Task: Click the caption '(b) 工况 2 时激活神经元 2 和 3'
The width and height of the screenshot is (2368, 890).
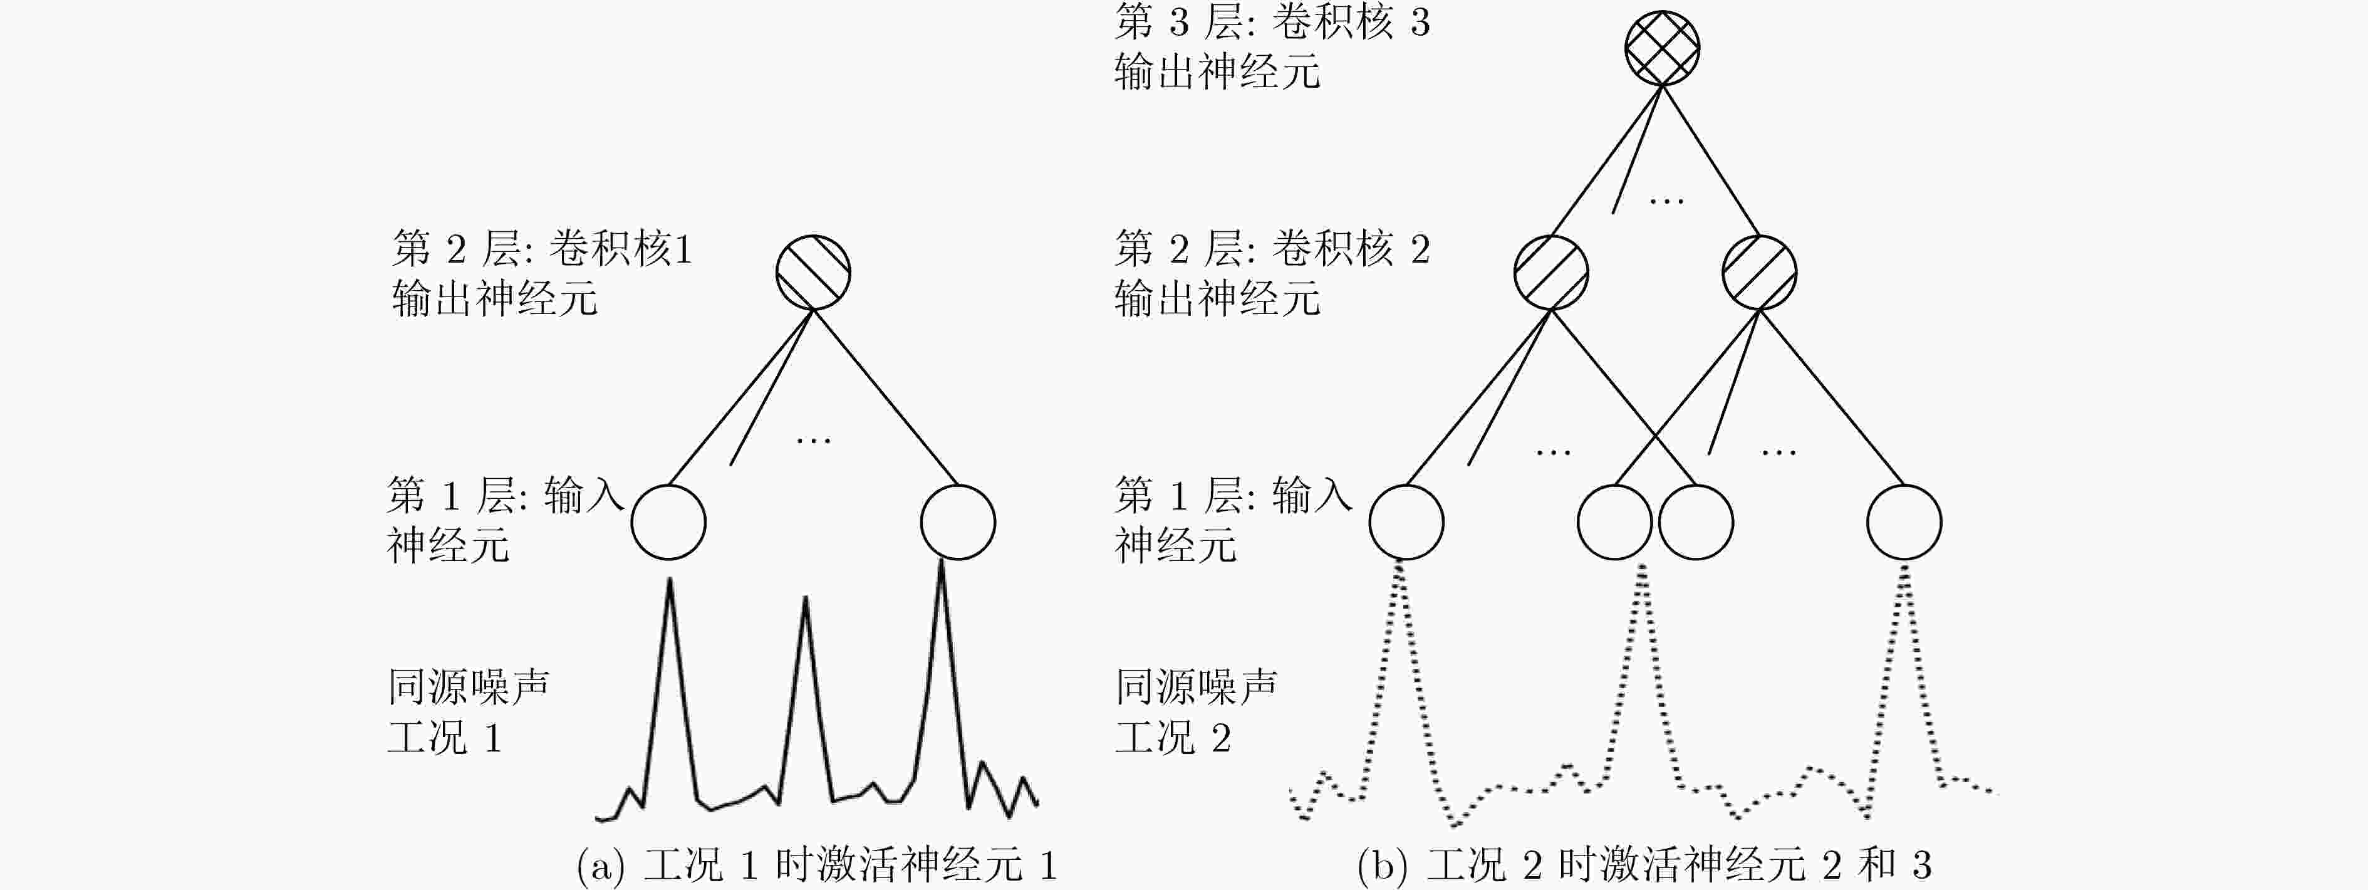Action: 1644,865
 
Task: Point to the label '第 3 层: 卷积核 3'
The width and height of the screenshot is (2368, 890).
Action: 1272,22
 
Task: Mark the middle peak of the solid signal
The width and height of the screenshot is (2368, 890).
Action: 805,599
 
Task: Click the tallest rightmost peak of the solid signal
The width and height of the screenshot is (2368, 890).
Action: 942,560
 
